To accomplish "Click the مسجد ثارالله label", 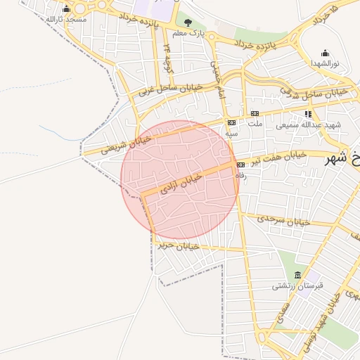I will (65, 19).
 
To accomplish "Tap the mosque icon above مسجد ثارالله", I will (66, 9).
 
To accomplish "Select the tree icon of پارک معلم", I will (187, 23).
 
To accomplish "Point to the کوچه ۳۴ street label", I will (168, 57).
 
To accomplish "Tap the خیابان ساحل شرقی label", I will (314, 92).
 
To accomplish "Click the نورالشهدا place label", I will (325, 63).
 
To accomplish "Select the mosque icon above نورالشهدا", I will (325, 53).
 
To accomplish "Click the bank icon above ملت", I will (255, 113).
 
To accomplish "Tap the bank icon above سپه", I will (231, 122).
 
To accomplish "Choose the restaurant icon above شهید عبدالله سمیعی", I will (307, 114).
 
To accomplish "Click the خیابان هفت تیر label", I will (281, 157).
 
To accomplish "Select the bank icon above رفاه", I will (240, 165).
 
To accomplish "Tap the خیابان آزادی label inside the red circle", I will (181, 184).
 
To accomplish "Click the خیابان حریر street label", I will (179, 245).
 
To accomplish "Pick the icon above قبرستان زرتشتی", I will (297, 275).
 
